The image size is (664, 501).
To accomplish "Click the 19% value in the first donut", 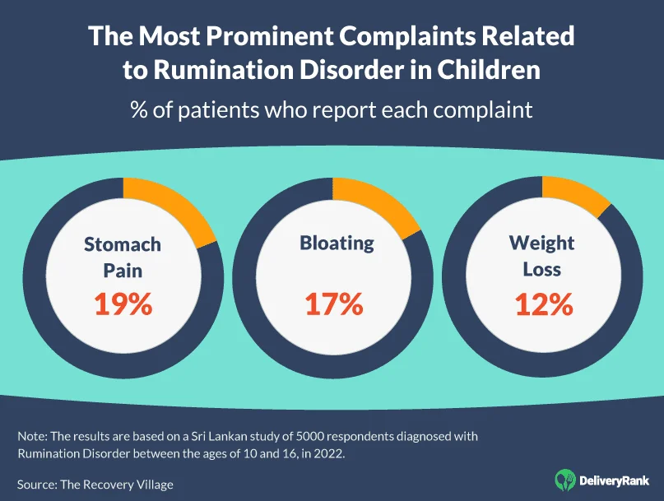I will [x=122, y=304].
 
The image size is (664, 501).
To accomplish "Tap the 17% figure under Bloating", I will [x=333, y=304].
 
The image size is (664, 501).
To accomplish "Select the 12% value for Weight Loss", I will [x=543, y=304].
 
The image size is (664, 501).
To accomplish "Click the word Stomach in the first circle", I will [x=123, y=244].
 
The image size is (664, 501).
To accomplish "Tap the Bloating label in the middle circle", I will [x=337, y=244].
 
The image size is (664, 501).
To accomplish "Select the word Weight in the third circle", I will [x=542, y=244].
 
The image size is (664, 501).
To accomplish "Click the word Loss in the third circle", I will [x=541, y=269].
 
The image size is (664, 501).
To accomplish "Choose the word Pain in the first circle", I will [x=123, y=270].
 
